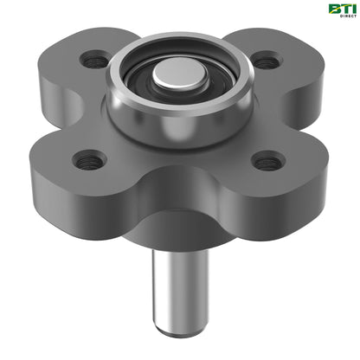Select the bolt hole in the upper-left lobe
(94, 61)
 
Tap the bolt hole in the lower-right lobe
(269, 160)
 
